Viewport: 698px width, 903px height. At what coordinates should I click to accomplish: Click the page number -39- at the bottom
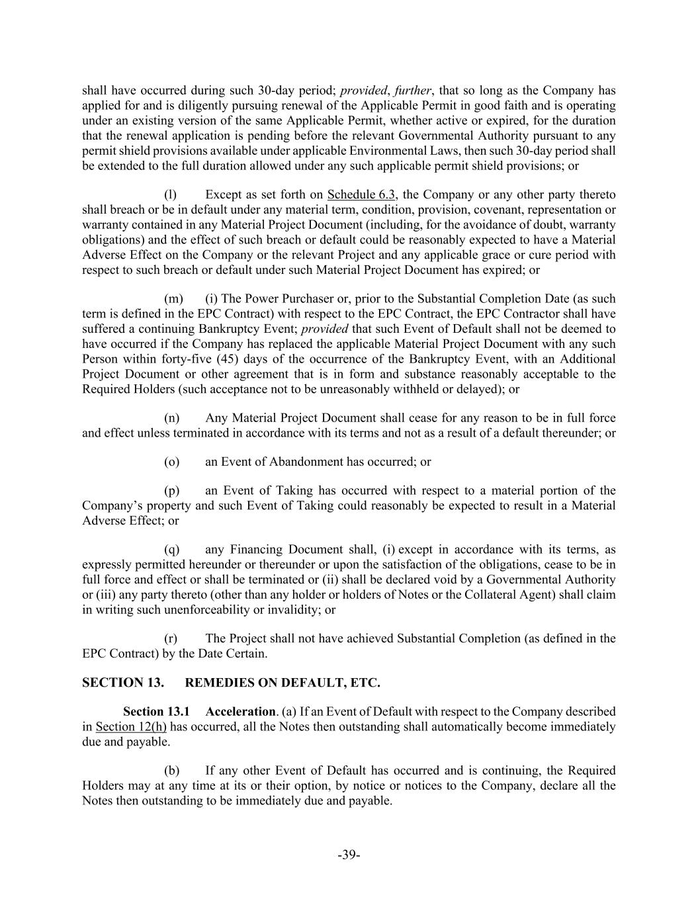coord(349,855)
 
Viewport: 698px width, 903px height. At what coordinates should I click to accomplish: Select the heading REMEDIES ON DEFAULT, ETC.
coord(283,683)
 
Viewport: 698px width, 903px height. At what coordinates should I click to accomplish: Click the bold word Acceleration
coord(240,712)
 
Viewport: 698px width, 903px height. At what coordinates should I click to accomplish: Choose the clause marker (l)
coord(170,194)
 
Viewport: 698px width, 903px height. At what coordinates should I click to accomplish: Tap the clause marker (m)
coord(171,298)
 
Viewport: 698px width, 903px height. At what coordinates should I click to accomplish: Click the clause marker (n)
coord(171,418)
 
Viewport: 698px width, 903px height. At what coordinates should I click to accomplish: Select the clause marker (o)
coord(171,462)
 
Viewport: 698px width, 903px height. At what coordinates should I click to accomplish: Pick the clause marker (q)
coord(171,550)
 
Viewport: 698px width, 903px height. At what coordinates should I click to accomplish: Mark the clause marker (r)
coord(170,638)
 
